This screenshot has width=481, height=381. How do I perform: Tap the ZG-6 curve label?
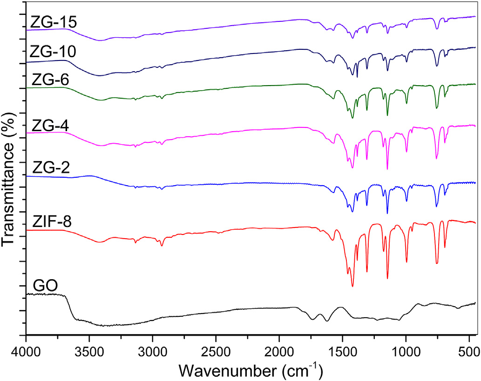tap(50, 80)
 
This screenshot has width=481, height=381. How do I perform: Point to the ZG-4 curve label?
tap(50, 125)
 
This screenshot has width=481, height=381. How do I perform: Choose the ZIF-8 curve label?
tap(52, 222)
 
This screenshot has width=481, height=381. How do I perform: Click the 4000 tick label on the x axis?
tap(26, 348)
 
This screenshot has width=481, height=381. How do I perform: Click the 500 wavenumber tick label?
tap(468, 348)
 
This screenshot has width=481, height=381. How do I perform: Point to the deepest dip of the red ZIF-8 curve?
tap(352, 287)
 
